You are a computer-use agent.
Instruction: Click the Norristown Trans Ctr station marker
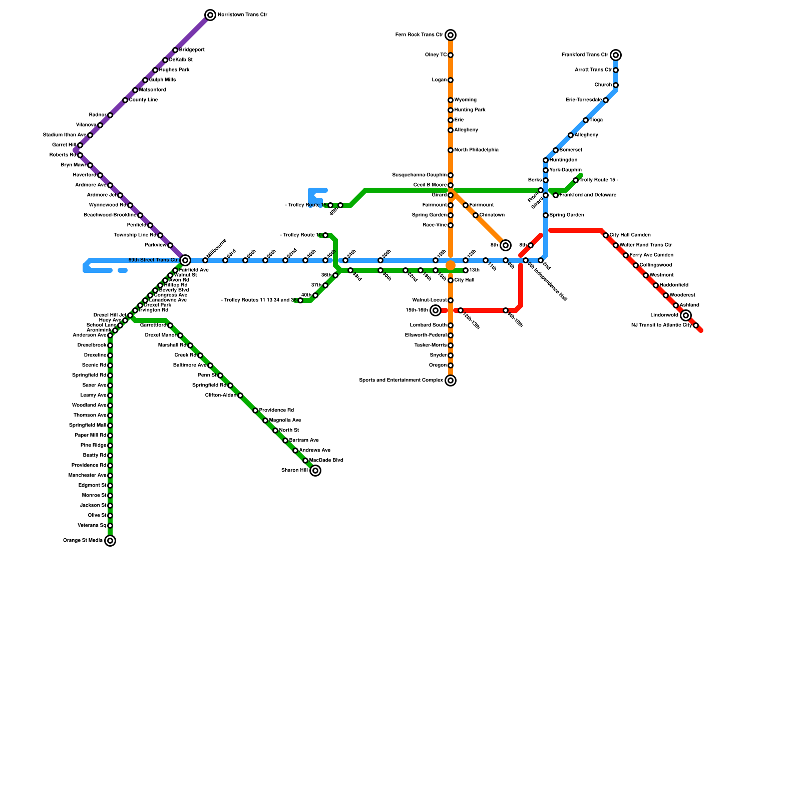pyautogui.click(x=210, y=15)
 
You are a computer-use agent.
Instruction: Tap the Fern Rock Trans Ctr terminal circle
pyautogui.click(x=451, y=35)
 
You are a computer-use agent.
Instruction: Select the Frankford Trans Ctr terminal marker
pyautogui.click(x=616, y=55)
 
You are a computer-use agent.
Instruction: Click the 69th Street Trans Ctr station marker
pyautogui.click(x=185, y=260)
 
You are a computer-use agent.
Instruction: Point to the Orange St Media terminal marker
pyautogui.click(x=110, y=541)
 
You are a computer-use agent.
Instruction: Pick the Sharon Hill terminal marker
pyautogui.click(x=315, y=471)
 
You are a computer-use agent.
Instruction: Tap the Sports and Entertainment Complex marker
pyautogui.click(x=451, y=380)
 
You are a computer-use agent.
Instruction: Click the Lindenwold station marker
pyautogui.click(x=686, y=315)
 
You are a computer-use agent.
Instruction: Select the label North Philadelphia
pyautogui.click(x=476, y=150)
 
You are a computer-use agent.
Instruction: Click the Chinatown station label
pyautogui.click(x=492, y=215)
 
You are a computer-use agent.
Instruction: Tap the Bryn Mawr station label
pyautogui.click(x=73, y=165)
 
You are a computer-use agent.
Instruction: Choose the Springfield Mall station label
pyautogui.click(x=88, y=426)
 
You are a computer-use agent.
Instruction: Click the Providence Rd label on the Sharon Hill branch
pyautogui.click(x=276, y=411)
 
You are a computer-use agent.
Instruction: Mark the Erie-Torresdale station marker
pyautogui.click(x=606, y=100)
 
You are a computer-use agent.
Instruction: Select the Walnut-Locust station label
pyautogui.click(x=430, y=300)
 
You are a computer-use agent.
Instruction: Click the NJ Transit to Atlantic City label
pyautogui.click(x=661, y=325)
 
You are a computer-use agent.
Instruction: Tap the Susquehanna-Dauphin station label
pyautogui.click(x=420, y=175)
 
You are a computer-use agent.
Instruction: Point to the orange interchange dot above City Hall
pyautogui.click(x=451, y=265)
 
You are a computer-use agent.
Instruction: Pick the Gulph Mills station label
pyautogui.click(x=162, y=80)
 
